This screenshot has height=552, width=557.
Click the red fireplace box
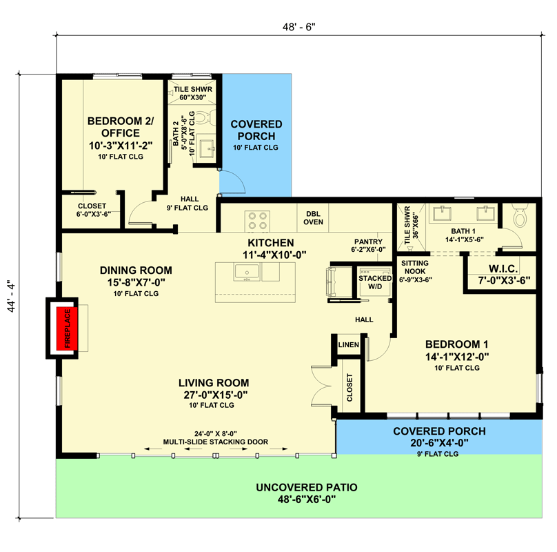(67, 328)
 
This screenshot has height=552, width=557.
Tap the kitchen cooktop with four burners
(258, 221)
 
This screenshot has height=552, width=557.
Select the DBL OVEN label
(313, 218)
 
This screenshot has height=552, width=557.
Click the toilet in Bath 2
(205, 117)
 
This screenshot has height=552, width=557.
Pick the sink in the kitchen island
(247, 272)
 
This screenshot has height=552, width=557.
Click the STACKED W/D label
(375, 282)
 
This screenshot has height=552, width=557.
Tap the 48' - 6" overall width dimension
(298, 27)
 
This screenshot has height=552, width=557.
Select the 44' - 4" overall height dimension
(11, 297)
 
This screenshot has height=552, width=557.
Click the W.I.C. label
(503, 268)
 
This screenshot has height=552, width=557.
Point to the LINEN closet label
(349, 344)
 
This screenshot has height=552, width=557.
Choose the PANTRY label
(368, 241)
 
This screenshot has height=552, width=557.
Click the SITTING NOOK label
(414, 267)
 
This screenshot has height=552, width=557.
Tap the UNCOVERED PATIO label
(307, 487)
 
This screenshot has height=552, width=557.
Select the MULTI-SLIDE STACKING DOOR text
(216, 442)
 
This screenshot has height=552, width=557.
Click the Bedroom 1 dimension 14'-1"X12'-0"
(457, 356)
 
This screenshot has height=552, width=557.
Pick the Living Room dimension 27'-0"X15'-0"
(215, 395)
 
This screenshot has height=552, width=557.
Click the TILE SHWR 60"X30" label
(193, 93)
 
